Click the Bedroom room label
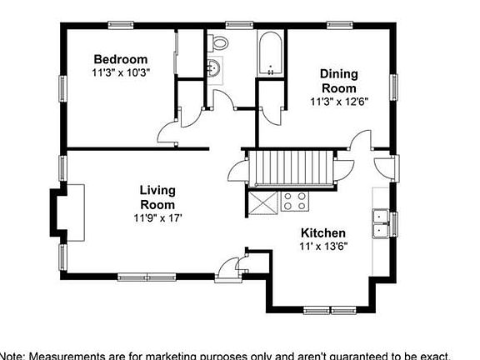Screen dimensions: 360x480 120,59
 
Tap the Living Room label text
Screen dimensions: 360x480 157,197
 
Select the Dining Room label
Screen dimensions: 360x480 338,81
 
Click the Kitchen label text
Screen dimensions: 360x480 323,232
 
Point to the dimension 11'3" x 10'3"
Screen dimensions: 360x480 120,72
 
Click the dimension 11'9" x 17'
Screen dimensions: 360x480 157,218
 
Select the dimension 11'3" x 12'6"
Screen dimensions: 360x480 338,102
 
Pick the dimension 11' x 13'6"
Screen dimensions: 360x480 323,246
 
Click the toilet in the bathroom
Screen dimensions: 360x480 220,42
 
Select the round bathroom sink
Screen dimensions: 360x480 215,68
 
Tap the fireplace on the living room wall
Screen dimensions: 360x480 67,212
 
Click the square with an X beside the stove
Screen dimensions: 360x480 266,201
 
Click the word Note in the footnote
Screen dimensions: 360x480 13,354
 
